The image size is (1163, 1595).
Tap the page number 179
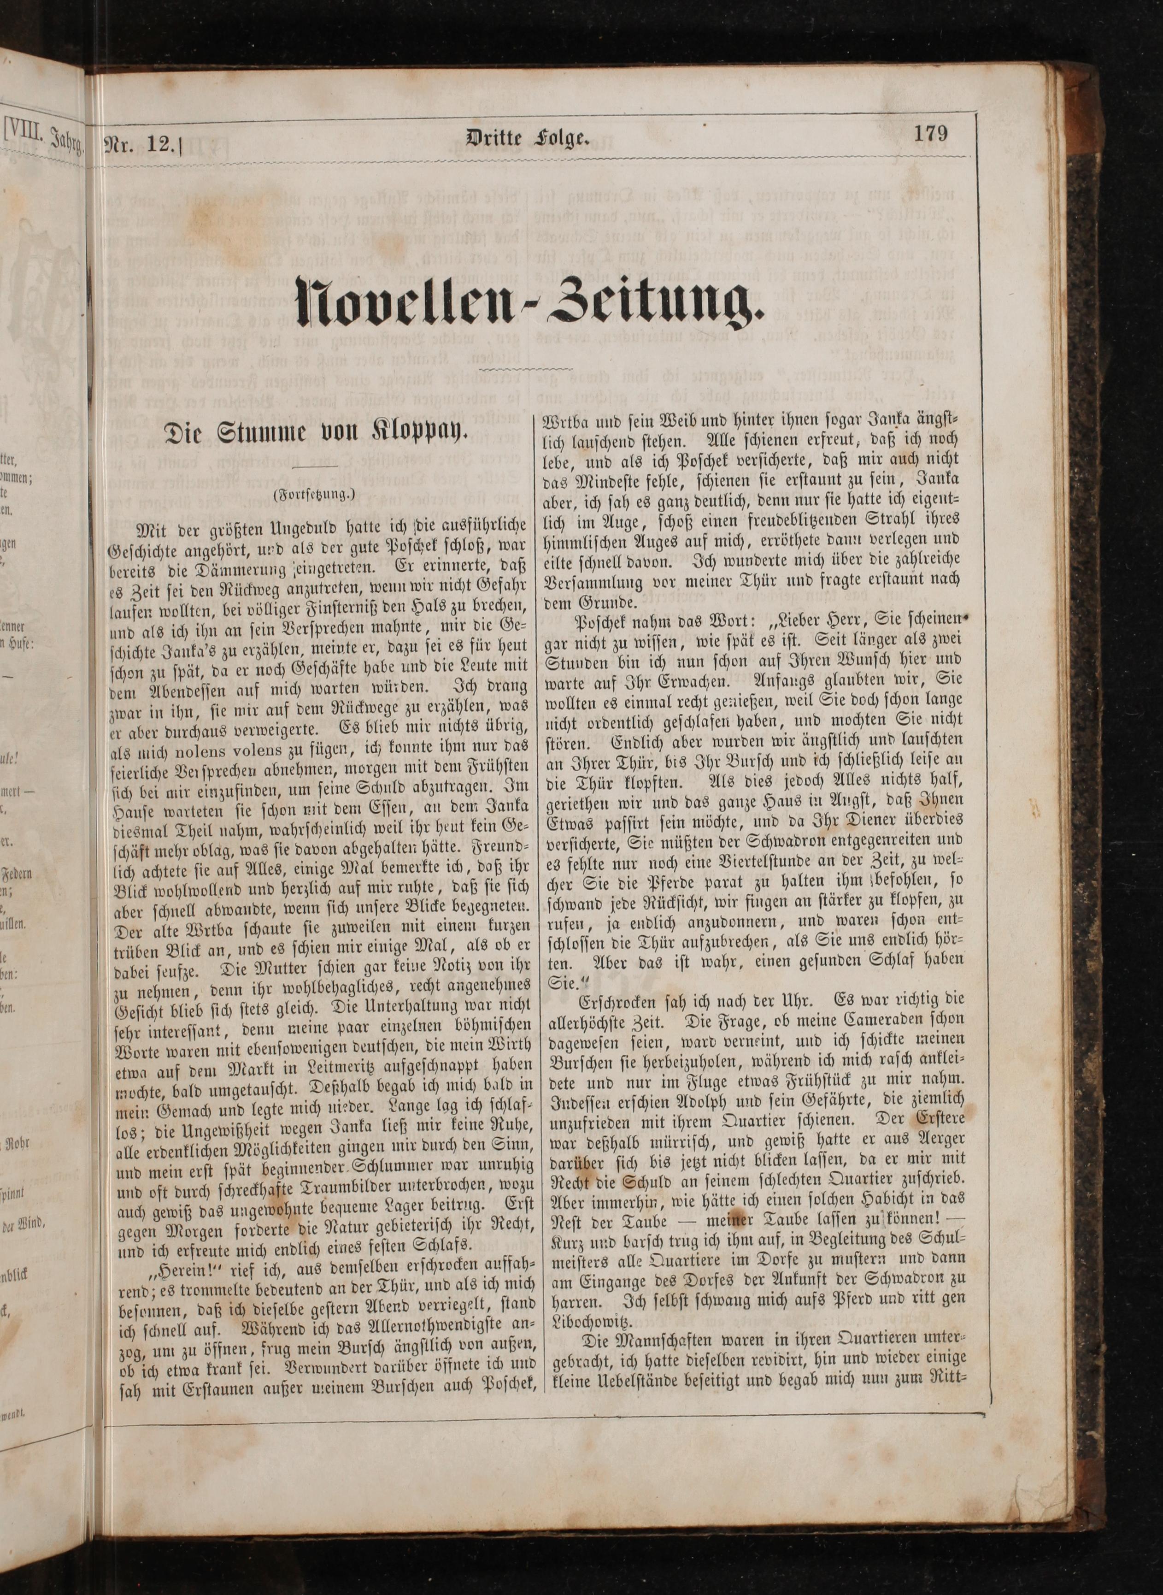(931, 133)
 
